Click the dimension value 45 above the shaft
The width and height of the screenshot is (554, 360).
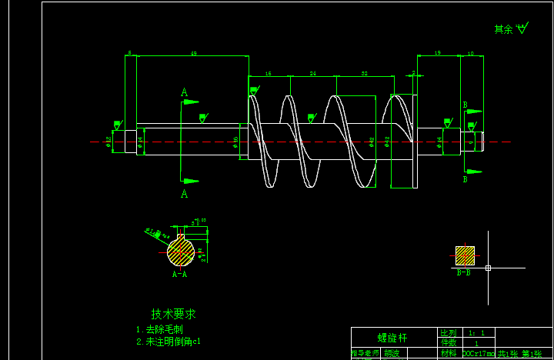tap(193, 53)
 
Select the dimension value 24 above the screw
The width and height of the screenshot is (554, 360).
tap(313, 74)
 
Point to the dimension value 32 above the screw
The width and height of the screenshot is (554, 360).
tap(364, 74)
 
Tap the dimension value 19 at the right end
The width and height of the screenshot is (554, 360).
tap(437, 53)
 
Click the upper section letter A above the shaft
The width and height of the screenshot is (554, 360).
tap(184, 92)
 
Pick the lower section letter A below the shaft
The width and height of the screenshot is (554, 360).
tap(184, 194)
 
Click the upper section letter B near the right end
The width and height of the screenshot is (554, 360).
tap(465, 105)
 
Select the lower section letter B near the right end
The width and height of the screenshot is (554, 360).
tap(465, 179)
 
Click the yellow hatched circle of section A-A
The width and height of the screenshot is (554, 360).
tap(181, 252)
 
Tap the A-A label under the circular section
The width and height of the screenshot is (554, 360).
tap(179, 273)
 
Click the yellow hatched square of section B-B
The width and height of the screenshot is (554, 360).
tap(465, 255)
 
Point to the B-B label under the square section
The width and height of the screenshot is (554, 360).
tap(464, 272)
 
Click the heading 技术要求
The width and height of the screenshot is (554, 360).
tap(173, 314)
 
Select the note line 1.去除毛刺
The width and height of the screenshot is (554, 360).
tap(159, 329)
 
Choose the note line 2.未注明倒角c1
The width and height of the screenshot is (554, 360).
tap(169, 341)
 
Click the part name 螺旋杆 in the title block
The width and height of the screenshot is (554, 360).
tap(392, 338)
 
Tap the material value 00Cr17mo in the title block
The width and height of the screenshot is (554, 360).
tap(478, 354)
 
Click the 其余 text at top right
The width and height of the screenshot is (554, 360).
tap(503, 29)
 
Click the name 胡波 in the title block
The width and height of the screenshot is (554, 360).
tap(392, 354)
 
